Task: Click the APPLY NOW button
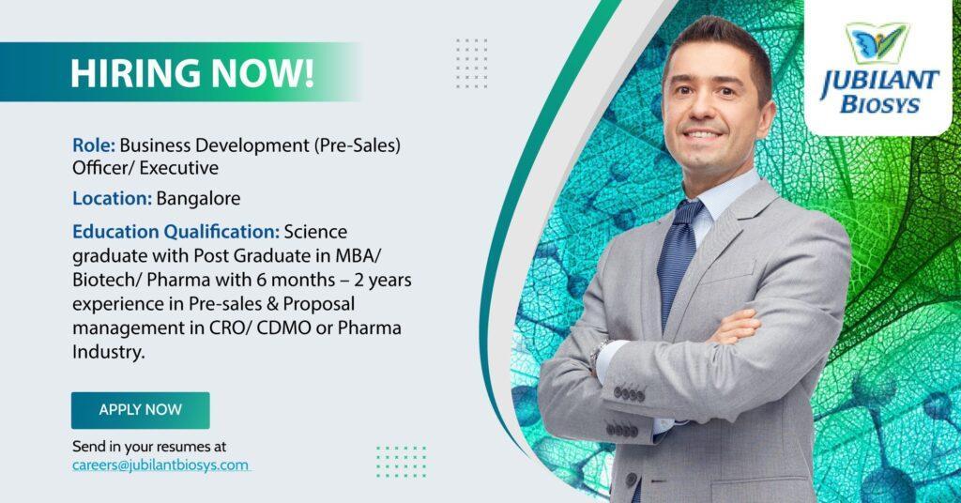[x=141, y=410]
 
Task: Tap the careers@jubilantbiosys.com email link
[x=160, y=465]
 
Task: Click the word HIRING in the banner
[x=135, y=73]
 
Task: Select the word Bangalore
[x=198, y=199]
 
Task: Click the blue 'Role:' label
[x=94, y=145]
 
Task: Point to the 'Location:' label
[x=113, y=199]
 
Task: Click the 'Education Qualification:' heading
[x=175, y=232]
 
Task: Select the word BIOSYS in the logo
[x=880, y=105]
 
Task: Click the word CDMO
[x=283, y=328]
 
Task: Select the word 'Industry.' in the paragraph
[x=109, y=352]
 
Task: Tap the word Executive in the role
[x=178, y=168]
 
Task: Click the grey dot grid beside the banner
[x=471, y=63]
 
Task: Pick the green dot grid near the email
[x=401, y=462]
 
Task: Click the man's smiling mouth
[x=702, y=133]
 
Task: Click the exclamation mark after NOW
[x=308, y=73]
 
